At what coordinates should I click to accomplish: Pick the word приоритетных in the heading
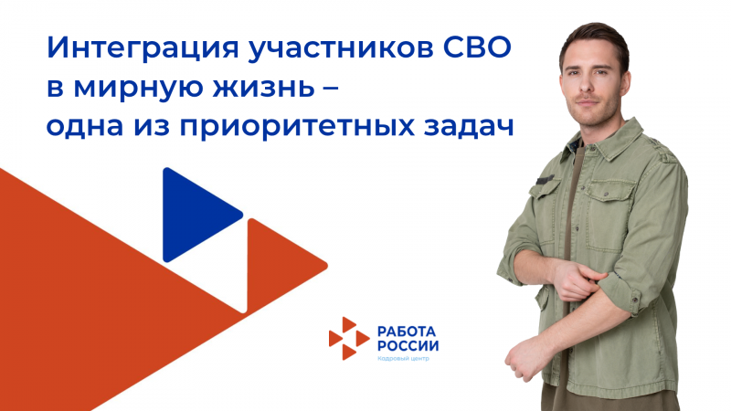(294, 129)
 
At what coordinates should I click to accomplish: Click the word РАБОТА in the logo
(406, 330)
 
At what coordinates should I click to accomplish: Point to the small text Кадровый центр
(403, 359)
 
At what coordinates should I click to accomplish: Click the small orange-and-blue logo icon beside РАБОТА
(348, 338)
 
